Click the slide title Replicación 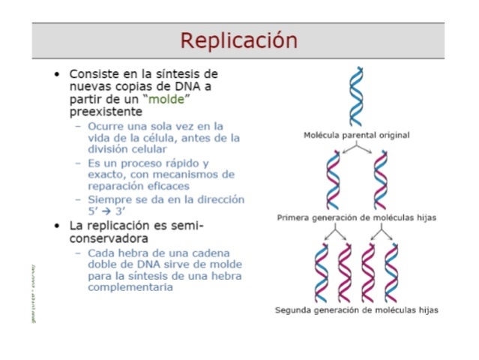[238, 40]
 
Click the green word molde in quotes [167, 100]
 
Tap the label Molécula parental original [356, 135]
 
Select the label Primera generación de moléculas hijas [356, 217]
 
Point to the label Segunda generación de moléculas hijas [356, 309]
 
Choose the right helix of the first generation [380, 180]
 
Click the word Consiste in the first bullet [95, 74]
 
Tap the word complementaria [130, 287]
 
